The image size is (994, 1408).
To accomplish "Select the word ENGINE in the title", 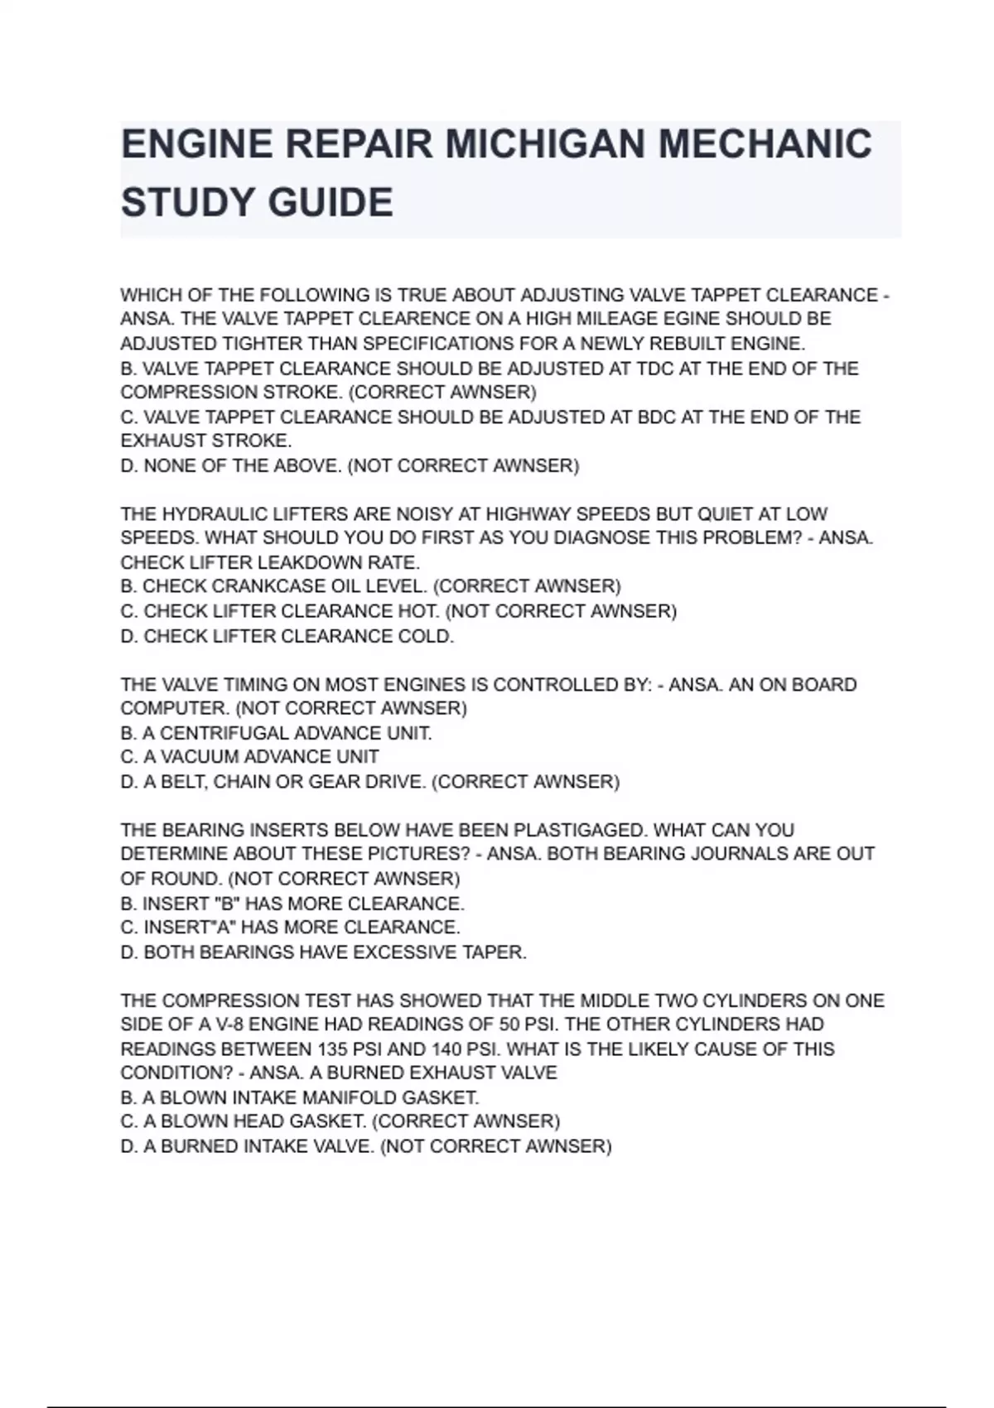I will tap(196, 145).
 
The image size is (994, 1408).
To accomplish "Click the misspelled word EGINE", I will tap(692, 319).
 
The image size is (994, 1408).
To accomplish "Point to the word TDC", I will tap(656, 368).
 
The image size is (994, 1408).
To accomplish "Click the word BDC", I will tap(656, 417).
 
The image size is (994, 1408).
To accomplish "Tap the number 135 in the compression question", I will tap(332, 1049).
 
